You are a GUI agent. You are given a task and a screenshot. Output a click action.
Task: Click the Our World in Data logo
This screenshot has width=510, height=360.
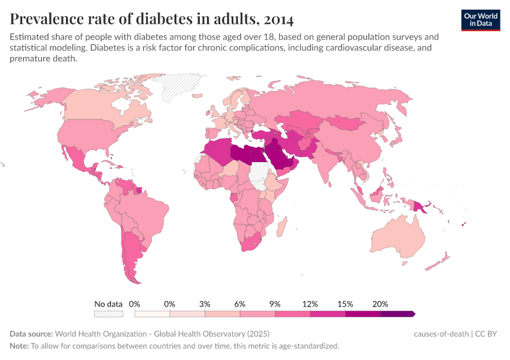[480, 19]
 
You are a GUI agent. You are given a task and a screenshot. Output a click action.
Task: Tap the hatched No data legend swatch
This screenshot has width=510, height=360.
[108, 314]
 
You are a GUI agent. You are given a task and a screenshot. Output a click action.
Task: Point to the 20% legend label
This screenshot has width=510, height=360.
[380, 304]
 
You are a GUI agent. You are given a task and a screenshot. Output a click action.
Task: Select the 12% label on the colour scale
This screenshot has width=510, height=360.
[310, 304]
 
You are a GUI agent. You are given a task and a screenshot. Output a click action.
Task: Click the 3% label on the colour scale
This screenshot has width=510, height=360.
[205, 304]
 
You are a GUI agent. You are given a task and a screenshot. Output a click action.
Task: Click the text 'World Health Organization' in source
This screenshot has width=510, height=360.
[106, 334]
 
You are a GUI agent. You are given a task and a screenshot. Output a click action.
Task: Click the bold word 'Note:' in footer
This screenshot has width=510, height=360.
[19, 346]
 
